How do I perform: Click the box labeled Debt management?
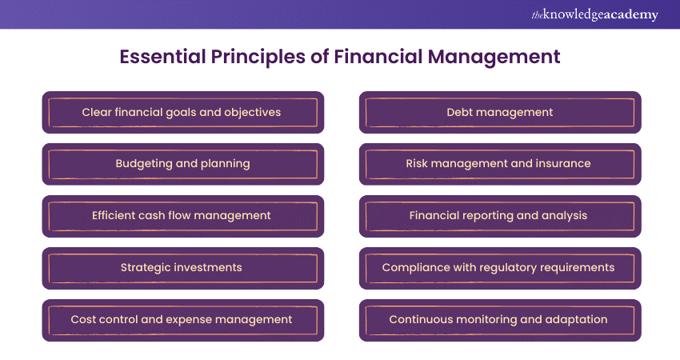(x=499, y=112)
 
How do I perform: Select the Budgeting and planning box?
(x=182, y=164)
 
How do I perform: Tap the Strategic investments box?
(x=182, y=267)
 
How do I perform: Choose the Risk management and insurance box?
(x=499, y=164)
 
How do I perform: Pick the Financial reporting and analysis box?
(x=499, y=215)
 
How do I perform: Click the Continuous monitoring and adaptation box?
(x=499, y=319)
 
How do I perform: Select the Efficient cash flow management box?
(x=182, y=215)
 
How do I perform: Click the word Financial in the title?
(x=374, y=58)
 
